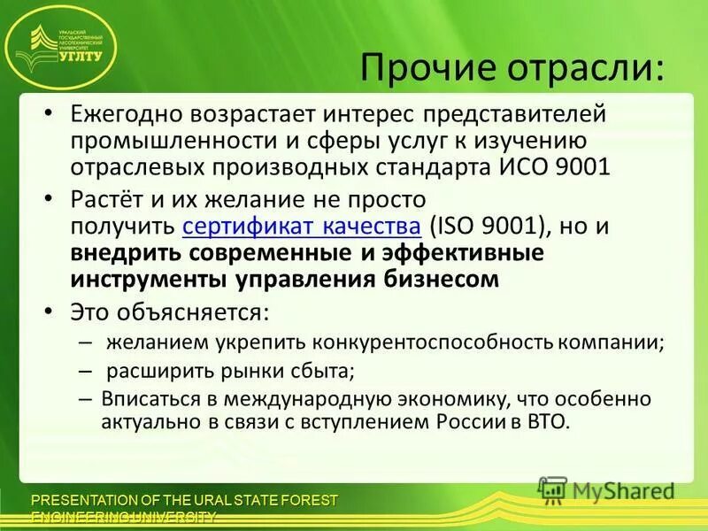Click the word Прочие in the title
(x=420, y=67)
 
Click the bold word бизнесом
(x=440, y=279)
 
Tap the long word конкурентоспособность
(x=424, y=341)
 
